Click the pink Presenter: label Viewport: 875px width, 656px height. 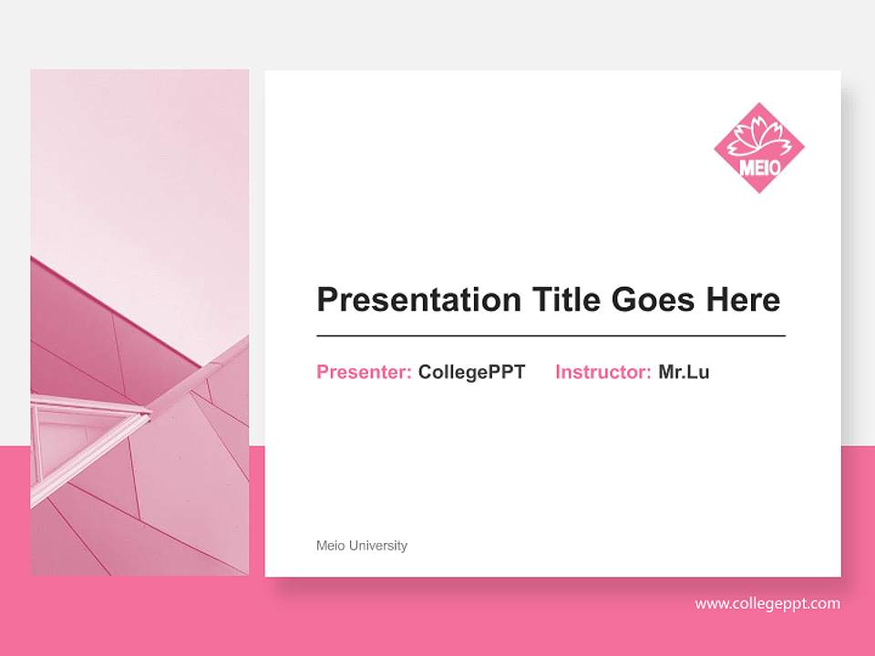(x=364, y=372)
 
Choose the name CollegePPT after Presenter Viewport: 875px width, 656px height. (x=471, y=372)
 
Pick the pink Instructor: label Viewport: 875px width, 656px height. (x=602, y=372)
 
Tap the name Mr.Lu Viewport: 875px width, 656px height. (x=684, y=372)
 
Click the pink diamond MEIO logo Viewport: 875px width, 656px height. (x=758, y=148)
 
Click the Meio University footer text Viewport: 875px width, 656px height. (x=362, y=546)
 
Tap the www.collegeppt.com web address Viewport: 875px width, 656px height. (x=767, y=603)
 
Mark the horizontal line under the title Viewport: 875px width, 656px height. (x=551, y=336)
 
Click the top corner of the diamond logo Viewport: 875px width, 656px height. (x=759, y=105)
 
